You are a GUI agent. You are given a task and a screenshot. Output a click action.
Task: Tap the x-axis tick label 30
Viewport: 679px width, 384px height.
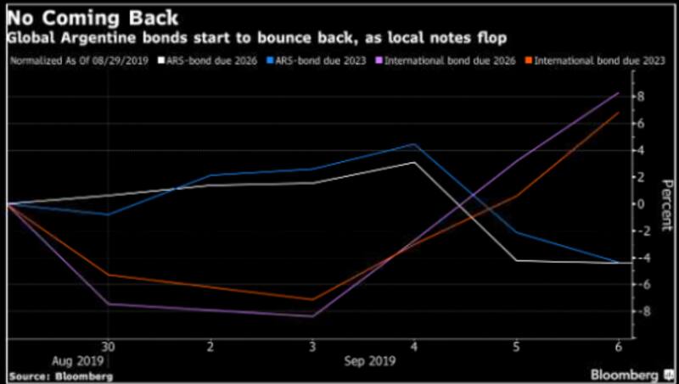(109, 348)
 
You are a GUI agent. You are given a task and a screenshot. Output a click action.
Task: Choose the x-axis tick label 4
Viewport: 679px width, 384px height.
(414, 348)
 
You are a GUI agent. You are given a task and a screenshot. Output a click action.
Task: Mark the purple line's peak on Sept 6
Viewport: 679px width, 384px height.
(618, 93)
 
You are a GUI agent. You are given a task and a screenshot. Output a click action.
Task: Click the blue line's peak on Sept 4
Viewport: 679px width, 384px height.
(414, 144)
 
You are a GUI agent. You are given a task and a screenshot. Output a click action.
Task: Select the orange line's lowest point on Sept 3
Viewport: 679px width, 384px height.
(312, 299)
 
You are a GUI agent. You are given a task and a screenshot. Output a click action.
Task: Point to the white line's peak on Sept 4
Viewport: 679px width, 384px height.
(414, 162)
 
